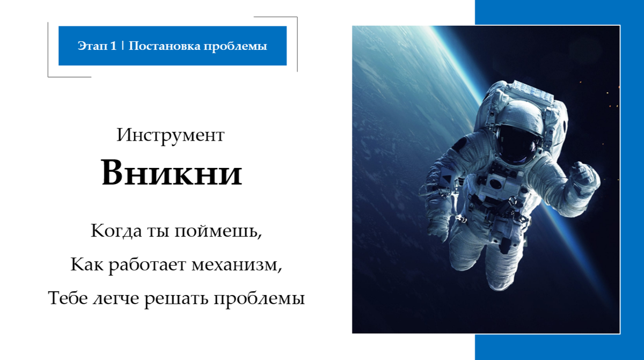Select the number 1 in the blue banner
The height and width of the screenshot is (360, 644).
tap(113, 46)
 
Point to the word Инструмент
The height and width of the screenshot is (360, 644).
tap(170, 135)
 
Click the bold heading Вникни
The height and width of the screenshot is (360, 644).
tap(172, 173)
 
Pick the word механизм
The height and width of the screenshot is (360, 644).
tap(237, 265)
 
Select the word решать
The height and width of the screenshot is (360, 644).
tap(178, 298)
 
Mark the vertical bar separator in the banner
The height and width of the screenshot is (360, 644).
tap(123, 46)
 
